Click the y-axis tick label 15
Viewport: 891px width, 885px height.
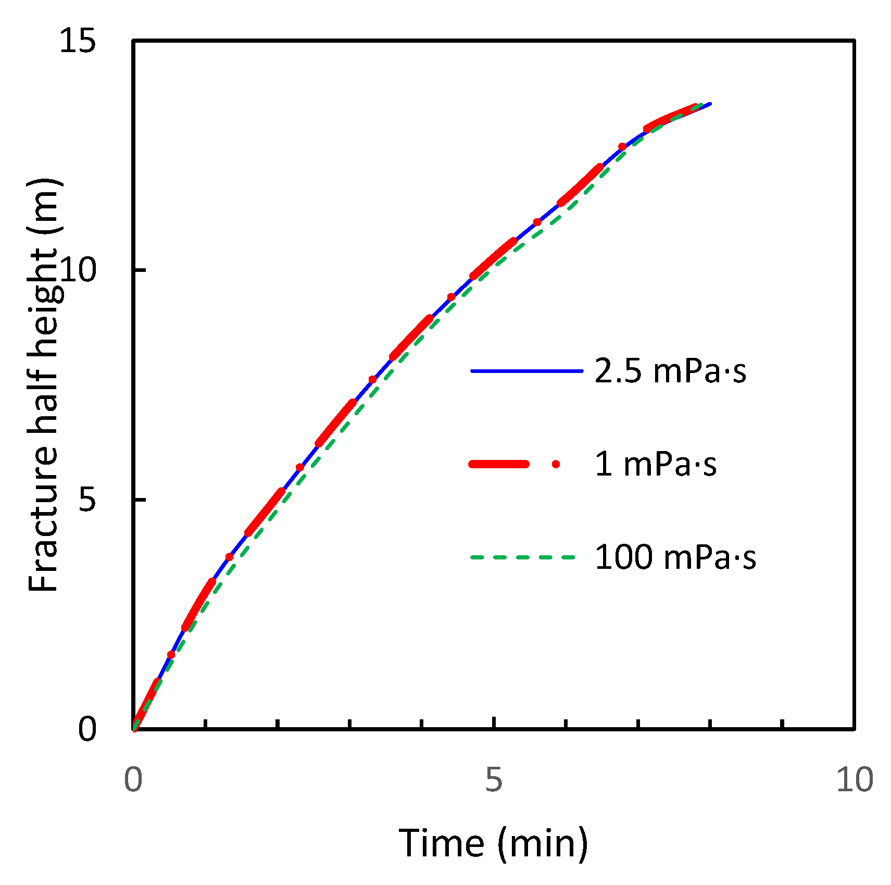click(x=78, y=40)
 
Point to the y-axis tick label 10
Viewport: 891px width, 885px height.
click(x=78, y=270)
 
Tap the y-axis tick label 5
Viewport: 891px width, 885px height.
click(x=87, y=500)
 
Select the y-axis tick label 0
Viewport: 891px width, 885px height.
click(x=87, y=728)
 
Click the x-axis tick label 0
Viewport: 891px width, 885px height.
click(x=133, y=780)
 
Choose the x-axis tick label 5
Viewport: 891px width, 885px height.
click(x=493, y=780)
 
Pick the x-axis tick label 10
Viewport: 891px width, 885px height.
click(x=854, y=780)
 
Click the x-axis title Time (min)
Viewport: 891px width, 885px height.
click(x=493, y=843)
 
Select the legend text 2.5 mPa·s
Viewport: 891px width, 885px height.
click(x=670, y=371)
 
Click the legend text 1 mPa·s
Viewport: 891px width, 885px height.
click(x=655, y=464)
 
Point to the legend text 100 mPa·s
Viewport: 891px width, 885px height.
click(x=675, y=557)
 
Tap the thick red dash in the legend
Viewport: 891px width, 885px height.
click(x=499, y=464)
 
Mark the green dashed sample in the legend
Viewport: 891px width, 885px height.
click(x=523, y=557)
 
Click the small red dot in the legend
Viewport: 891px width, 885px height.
click(x=556, y=464)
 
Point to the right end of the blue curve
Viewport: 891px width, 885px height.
click(x=710, y=104)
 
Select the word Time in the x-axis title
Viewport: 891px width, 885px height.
click(x=441, y=843)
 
